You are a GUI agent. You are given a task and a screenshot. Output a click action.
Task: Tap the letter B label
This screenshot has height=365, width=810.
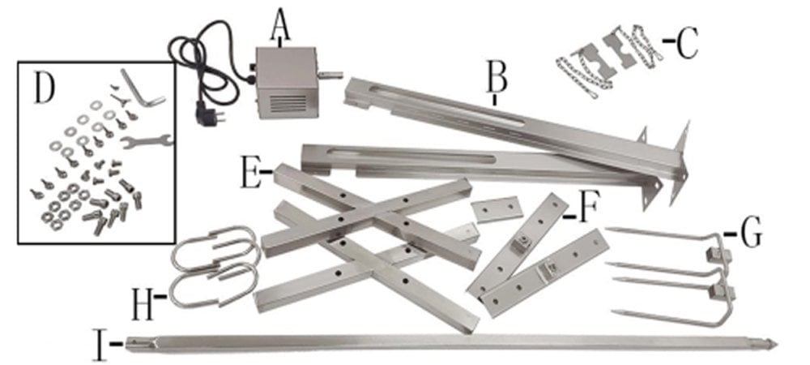pos(496,79)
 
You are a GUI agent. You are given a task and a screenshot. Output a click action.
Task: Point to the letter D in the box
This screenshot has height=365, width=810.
pos(45,89)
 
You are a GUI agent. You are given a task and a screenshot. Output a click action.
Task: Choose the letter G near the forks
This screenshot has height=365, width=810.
pos(750,234)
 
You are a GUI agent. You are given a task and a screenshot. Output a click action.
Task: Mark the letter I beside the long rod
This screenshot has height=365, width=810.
pos(101,343)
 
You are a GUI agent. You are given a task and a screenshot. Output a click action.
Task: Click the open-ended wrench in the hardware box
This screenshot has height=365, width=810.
pos(147,140)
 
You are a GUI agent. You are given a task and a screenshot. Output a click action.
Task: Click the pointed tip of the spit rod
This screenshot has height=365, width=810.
pos(771,343)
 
